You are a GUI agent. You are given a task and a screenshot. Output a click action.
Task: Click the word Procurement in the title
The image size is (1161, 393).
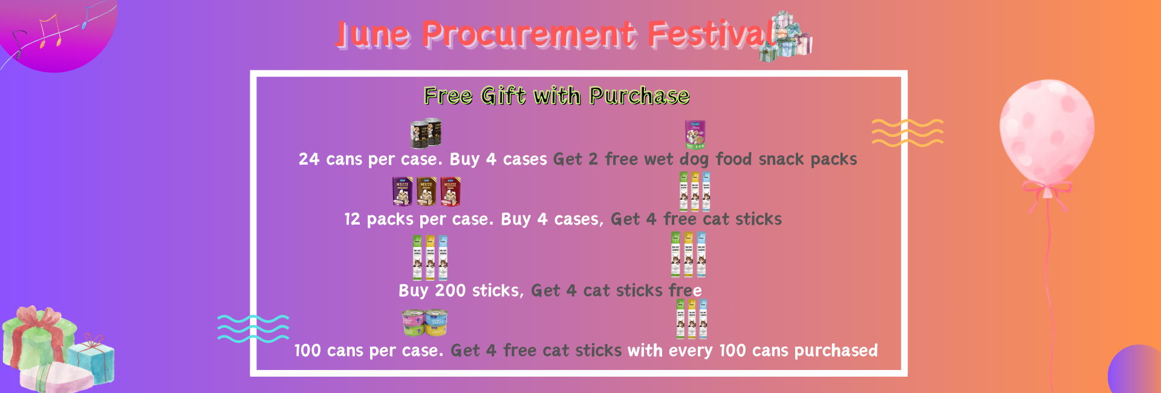[x=528, y=35]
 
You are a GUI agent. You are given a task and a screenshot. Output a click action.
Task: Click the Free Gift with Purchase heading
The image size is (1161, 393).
[x=556, y=96]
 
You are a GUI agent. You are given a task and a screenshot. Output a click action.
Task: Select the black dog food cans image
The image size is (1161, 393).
[x=426, y=133]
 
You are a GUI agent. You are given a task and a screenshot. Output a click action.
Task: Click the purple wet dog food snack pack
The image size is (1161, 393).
[x=695, y=134]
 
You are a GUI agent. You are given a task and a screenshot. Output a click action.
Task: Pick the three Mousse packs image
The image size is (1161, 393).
[x=426, y=191]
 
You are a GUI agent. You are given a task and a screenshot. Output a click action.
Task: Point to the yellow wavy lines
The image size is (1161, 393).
[x=907, y=133]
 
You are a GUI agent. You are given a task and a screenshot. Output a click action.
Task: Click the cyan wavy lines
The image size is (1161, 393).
[x=253, y=329]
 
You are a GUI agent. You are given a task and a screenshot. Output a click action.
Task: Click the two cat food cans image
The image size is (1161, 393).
[x=424, y=323]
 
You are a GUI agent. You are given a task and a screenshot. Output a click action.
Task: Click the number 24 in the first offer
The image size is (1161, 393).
[x=308, y=159]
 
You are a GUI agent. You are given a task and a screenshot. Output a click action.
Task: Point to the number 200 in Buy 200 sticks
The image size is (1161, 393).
[x=450, y=291]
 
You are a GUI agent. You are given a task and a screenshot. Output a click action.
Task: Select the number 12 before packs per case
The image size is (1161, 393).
[x=352, y=219]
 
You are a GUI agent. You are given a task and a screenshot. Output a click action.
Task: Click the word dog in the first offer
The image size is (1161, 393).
[x=695, y=160]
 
